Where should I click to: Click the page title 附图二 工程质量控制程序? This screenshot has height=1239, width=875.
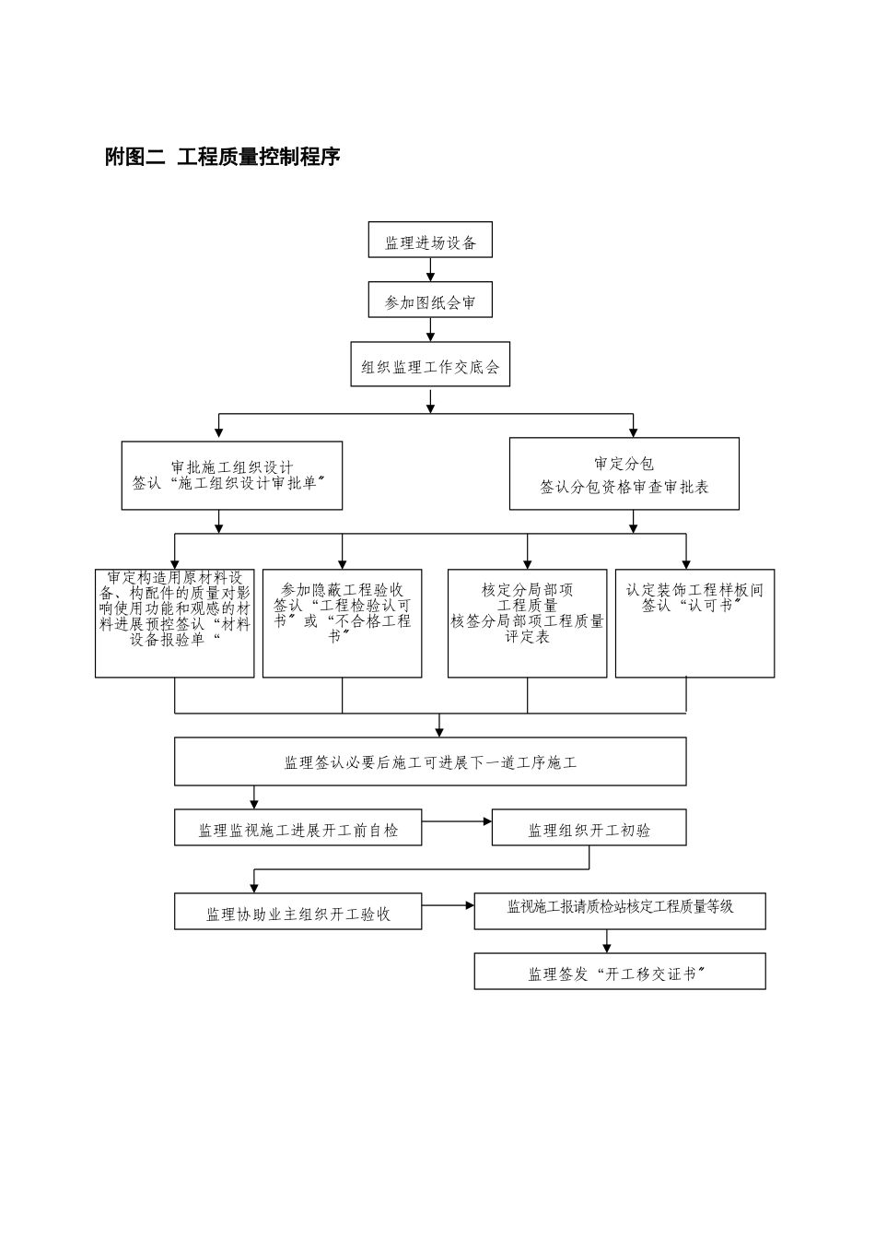223,158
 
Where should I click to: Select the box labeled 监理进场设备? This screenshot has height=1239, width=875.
430,241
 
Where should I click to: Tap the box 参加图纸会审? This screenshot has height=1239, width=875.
430,301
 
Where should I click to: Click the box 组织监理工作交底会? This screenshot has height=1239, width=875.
430,365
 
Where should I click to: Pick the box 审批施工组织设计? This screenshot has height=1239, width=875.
231,476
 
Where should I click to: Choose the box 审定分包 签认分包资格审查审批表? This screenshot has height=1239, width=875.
624,474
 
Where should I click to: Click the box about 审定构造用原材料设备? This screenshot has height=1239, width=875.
174,623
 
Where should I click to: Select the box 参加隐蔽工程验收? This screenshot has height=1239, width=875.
342,623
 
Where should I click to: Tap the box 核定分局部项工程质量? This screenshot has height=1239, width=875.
527,623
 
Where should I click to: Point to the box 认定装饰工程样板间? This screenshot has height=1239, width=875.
694,623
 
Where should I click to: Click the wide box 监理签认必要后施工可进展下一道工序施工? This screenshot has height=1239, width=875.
430,761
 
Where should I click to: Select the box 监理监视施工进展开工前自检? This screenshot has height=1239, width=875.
298,828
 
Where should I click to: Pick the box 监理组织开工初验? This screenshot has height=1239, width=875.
589,828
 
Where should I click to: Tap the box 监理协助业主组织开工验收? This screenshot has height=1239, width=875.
298,911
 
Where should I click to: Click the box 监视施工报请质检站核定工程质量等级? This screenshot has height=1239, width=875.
620,910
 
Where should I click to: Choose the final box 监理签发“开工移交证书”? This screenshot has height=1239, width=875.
620,972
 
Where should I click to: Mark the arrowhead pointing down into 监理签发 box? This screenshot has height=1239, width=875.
606,948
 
